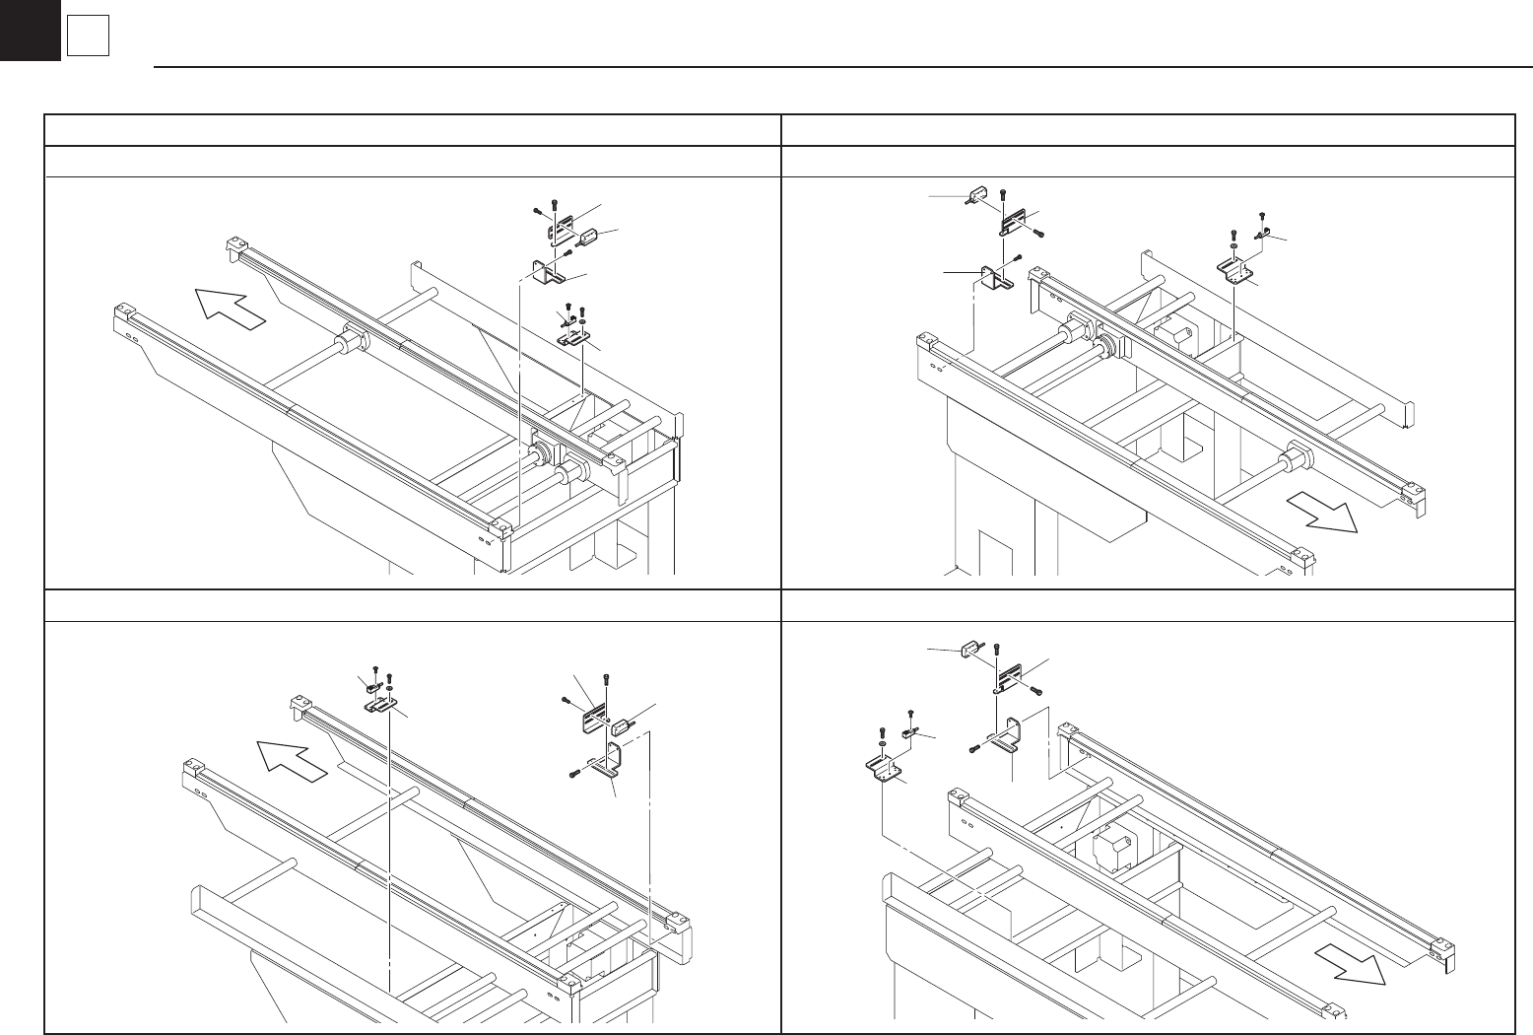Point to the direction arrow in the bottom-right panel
pyautogui.click(x=1352, y=963)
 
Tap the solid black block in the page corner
pyautogui.click(x=30, y=30)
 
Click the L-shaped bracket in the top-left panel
pyautogui.click(x=547, y=272)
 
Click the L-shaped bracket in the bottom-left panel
pyautogui.click(x=607, y=765)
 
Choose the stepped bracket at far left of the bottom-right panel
pyautogui.click(x=886, y=765)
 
